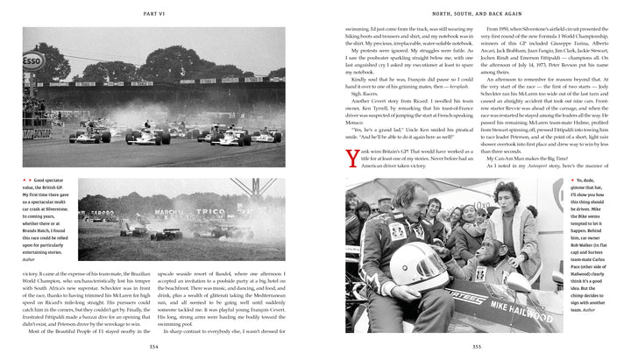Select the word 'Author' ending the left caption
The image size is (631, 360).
(32, 259)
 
